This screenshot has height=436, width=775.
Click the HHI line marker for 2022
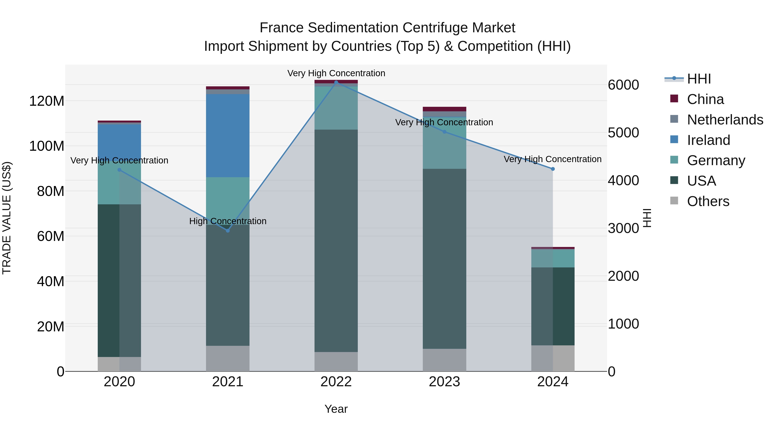pyautogui.click(x=336, y=82)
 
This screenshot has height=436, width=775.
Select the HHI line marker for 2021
pyautogui.click(x=228, y=230)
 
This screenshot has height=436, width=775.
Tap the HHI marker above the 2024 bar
pyautogui.click(x=553, y=169)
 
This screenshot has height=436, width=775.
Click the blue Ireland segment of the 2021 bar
pyautogui.click(x=228, y=135)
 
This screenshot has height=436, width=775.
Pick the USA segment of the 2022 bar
pyautogui.click(x=336, y=241)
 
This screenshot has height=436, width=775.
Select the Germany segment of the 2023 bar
pyautogui.click(x=444, y=143)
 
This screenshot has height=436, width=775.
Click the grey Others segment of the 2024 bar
pyautogui.click(x=553, y=358)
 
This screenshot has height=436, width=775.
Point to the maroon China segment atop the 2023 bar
pyautogui.click(x=444, y=109)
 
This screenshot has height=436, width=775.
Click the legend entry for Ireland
pyautogui.click(x=708, y=140)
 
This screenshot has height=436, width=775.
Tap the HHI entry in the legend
pyautogui.click(x=699, y=79)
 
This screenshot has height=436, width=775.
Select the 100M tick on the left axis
pyautogui.click(x=47, y=146)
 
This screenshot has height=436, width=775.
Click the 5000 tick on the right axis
pyautogui.click(x=623, y=133)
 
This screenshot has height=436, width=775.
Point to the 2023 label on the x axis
pyautogui.click(x=444, y=382)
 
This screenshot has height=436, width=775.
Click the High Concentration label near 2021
pyautogui.click(x=228, y=221)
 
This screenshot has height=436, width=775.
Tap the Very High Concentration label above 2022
pyautogui.click(x=336, y=73)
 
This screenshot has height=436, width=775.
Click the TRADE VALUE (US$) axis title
pyautogui.click(x=7, y=218)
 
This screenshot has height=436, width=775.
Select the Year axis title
pyautogui.click(x=336, y=409)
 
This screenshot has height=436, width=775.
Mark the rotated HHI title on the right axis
pyautogui.click(x=647, y=218)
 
